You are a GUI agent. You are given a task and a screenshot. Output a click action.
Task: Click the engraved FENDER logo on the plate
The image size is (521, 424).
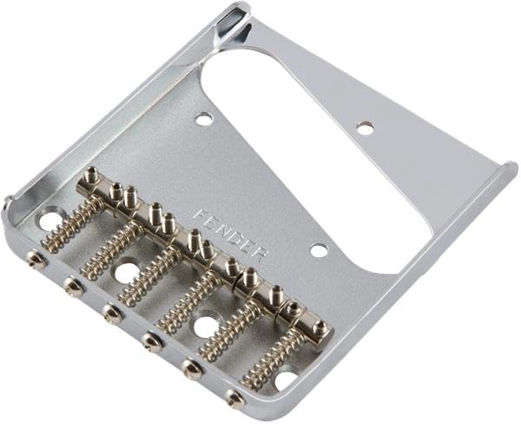(x=231, y=234)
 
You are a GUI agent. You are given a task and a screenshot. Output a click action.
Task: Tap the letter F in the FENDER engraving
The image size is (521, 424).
(x=200, y=215)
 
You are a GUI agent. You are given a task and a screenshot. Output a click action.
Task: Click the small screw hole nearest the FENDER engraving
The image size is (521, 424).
(x=320, y=250)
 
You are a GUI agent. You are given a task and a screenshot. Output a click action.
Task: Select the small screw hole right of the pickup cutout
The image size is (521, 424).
(x=365, y=127)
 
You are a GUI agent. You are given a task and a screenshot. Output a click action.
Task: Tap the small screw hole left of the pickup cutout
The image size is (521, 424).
(x=204, y=118)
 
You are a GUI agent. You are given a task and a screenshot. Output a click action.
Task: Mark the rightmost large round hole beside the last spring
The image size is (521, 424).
(x=285, y=380)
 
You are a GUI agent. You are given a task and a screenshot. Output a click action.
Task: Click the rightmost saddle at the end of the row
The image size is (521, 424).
(x=320, y=329)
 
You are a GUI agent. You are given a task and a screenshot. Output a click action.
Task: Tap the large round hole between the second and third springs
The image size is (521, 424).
(x=127, y=273)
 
